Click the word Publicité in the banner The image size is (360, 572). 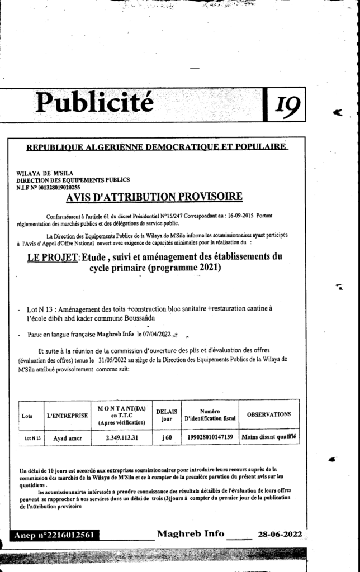click(94, 102)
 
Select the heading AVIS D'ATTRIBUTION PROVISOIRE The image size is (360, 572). click(154, 197)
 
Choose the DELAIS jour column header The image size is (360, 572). click(166, 414)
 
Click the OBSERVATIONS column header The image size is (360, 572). click(268, 414)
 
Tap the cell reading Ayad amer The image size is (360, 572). click(68, 438)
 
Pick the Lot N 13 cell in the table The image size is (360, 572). click(32, 438)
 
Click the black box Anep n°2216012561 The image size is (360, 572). click(55, 535)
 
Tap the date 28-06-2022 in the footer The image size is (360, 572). click(280, 534)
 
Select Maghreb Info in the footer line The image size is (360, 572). click(191, 533)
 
